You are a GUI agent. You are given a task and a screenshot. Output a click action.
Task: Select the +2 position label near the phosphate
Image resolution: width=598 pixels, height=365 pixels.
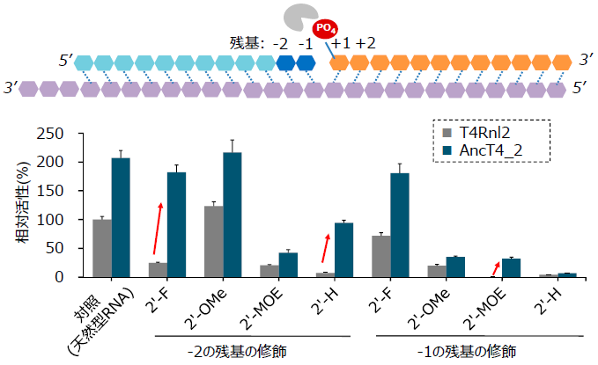coord(365,43)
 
